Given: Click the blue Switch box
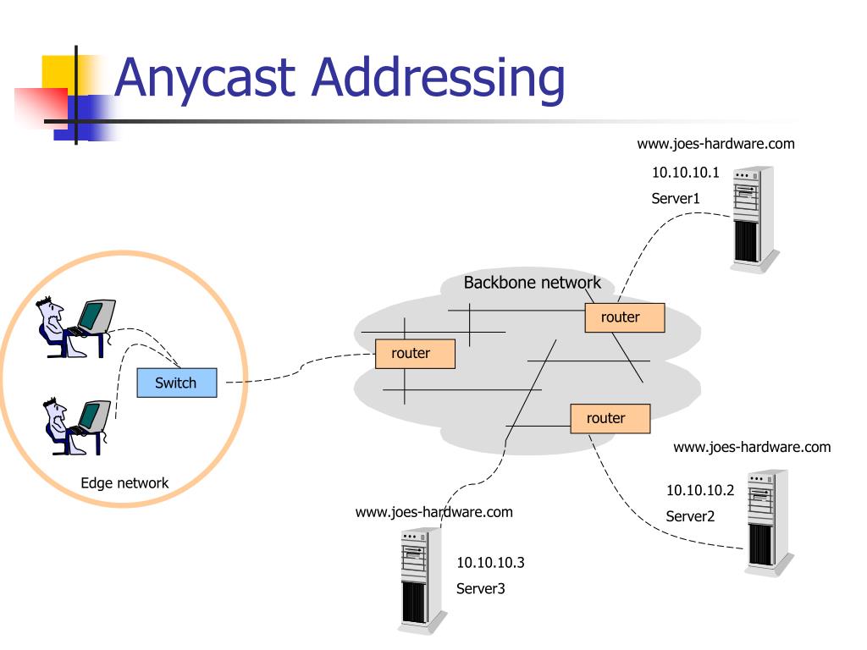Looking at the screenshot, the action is pyautogui.click(x=177, y=383).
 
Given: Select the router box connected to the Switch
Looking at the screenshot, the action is pyautogui.click(x=415, y=354).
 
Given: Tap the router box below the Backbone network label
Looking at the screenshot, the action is pyautogui.click(x=625, y=318).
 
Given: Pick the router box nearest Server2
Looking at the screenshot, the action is pyautogui.click(x=610, y=418).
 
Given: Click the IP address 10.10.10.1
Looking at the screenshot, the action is pyautogui.click(x=686, y=173).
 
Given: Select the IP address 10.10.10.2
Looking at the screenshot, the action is pyautogui.click(x=700, y=490).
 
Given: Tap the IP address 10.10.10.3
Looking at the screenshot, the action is pyautogui.click(x=490, y=563).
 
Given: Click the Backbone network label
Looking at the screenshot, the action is pyautogui.click(x=532, y=283).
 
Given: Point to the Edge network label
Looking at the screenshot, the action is pyautogui.click(x=124, y=483).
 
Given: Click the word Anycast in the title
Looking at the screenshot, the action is pyautogui.click(x=205, y=77).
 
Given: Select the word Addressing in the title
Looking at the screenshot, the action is pyautogui.click(x=439, y=79).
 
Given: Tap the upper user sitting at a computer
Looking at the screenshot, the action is pyautogui.click(x=75, y=328).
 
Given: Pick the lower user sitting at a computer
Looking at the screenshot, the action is pyautogui.click(x=77, y=427).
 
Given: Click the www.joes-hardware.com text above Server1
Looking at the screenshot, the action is pyautogui.click(x=715, y=144).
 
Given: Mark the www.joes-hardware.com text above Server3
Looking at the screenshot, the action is pyautogui.click(x=434, y=512).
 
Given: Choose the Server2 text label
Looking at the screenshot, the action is pyautogui.click(x=690, y=516).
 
